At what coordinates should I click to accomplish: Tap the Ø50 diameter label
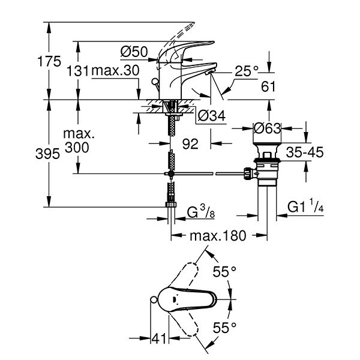pos(133,52)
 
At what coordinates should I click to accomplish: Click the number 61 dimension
pos(268,86)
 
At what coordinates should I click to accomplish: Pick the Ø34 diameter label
pos(211,116)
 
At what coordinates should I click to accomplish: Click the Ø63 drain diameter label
pos(268,128)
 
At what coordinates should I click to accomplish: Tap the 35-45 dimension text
pos(304,152)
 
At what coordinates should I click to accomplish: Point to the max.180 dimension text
pos(218,236)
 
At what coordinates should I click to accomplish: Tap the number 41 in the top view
pos(157,339)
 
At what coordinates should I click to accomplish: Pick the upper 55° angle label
pos(225,272)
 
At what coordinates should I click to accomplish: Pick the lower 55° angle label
pos(225,327)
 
